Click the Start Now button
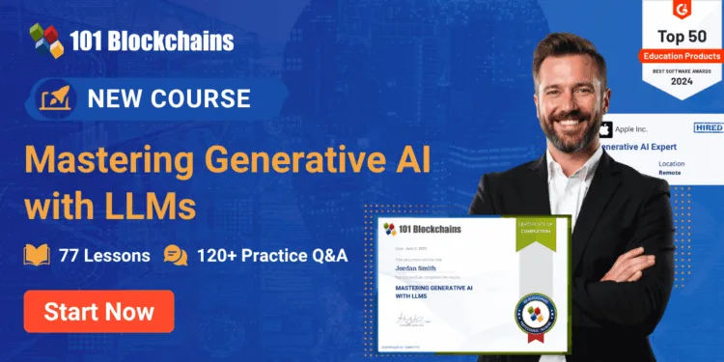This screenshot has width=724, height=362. point(98,311)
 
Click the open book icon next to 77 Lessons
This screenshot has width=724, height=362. point(37,256)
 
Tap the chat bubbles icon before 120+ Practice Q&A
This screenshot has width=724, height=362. point(176,256)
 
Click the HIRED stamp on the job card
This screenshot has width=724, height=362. point(708,126)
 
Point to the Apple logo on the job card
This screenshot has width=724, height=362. point(606,128)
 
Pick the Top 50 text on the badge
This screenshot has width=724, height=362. point(682,36)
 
